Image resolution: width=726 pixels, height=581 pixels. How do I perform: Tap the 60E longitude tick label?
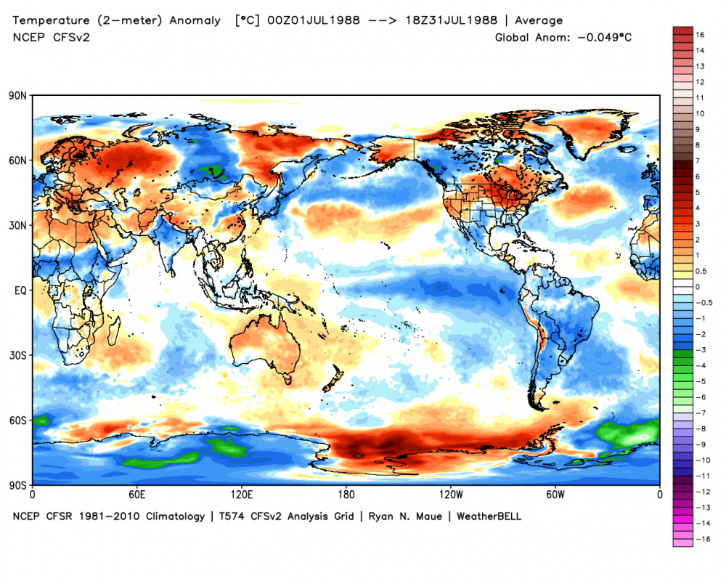[x=136, y=495]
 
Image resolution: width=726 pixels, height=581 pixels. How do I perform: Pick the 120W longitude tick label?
[x=450, y=495]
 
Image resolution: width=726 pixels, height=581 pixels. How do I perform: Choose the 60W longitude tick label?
[x=555, y=495]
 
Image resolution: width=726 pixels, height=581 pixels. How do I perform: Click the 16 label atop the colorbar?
[x=700, y=34]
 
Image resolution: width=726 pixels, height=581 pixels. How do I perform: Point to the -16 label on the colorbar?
[x=702, y=539]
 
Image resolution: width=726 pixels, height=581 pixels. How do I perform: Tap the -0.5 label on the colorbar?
[x=703, y=303]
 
